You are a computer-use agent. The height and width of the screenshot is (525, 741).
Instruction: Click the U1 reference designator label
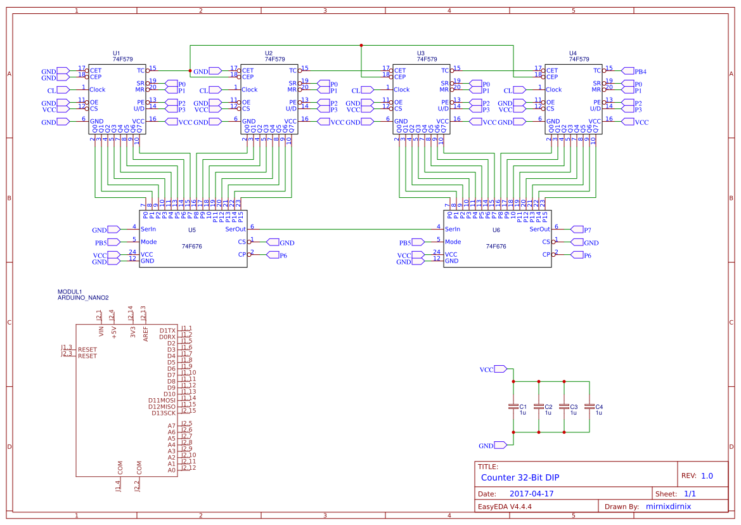click(x=116, y=53)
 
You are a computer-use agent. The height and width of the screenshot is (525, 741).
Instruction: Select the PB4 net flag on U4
click(x=635, y=71)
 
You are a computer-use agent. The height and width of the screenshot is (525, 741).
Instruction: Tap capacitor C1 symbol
click(x=513, y=406)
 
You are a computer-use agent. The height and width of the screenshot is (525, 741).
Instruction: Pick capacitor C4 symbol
click(x=590, y=406)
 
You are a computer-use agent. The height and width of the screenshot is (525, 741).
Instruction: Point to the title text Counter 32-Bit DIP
click(x=520, y=477)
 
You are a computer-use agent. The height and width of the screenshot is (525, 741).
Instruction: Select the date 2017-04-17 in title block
click(x=532, y=493)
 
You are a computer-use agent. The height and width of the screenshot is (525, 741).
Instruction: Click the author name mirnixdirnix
click(x=668, y=507)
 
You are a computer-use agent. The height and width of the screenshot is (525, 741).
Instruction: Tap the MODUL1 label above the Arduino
click(x=70, y=291)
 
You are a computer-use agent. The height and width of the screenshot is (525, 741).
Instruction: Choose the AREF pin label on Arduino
click(x=146, y=334)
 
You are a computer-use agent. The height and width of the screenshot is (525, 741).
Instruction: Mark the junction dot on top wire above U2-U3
click(x=361, y=45)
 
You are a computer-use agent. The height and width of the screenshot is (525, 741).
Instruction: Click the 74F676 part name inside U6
click(x=496, y=246)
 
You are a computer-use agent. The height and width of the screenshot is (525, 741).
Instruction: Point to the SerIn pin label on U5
click(x=148, y=229)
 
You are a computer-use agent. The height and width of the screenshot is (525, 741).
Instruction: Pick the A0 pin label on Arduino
click(x=171, y=470)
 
